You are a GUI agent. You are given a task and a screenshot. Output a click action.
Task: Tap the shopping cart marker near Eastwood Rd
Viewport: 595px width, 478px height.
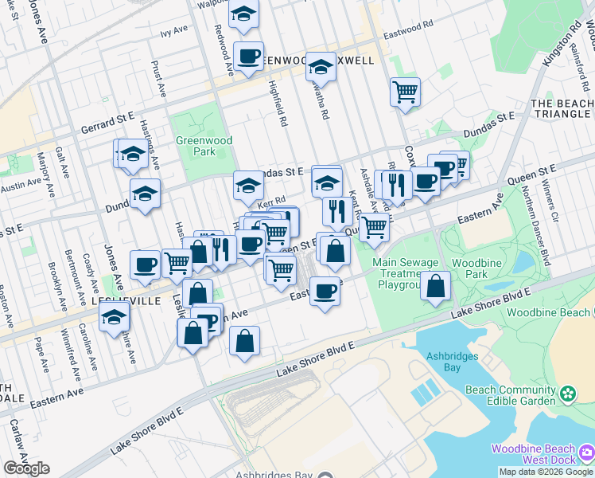[405, 92]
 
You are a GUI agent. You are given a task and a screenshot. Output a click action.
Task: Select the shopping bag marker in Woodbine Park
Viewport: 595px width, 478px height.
[436, 286]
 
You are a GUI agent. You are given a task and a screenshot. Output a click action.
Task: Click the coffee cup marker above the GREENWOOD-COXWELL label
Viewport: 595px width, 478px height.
[248, 56]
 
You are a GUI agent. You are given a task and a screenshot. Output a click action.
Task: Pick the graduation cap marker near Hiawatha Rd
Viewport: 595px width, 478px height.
[321, 66]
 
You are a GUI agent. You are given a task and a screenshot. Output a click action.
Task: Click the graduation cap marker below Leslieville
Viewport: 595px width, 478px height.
[115, 317]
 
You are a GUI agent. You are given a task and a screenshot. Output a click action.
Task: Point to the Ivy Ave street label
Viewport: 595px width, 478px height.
[173, 31]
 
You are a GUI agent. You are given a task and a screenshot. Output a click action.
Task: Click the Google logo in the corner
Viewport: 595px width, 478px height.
[26, 468]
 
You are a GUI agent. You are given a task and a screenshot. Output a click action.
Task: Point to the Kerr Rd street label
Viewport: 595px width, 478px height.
[274, 202]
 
